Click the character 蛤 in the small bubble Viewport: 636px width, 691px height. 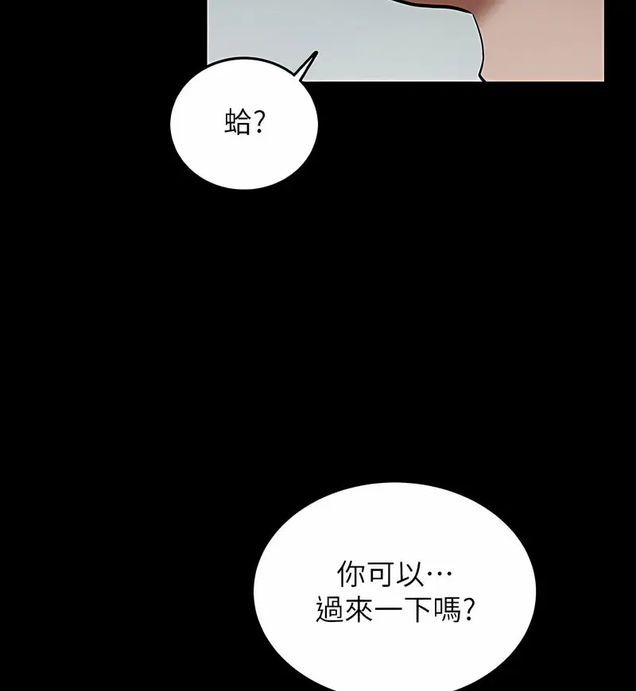pos(236,123)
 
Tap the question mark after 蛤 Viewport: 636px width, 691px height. pos(258,123)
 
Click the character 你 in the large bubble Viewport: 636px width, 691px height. pos(351,575)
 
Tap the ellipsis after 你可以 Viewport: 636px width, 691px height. pos(440,575)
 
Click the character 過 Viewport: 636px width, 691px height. pos(330,610)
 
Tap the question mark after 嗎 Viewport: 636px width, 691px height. pos(471,610)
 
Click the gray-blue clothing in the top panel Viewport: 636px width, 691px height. pos(358,40)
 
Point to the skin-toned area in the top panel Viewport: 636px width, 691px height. pos(549,48)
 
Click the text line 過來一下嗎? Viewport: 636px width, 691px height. pos(396,610)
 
